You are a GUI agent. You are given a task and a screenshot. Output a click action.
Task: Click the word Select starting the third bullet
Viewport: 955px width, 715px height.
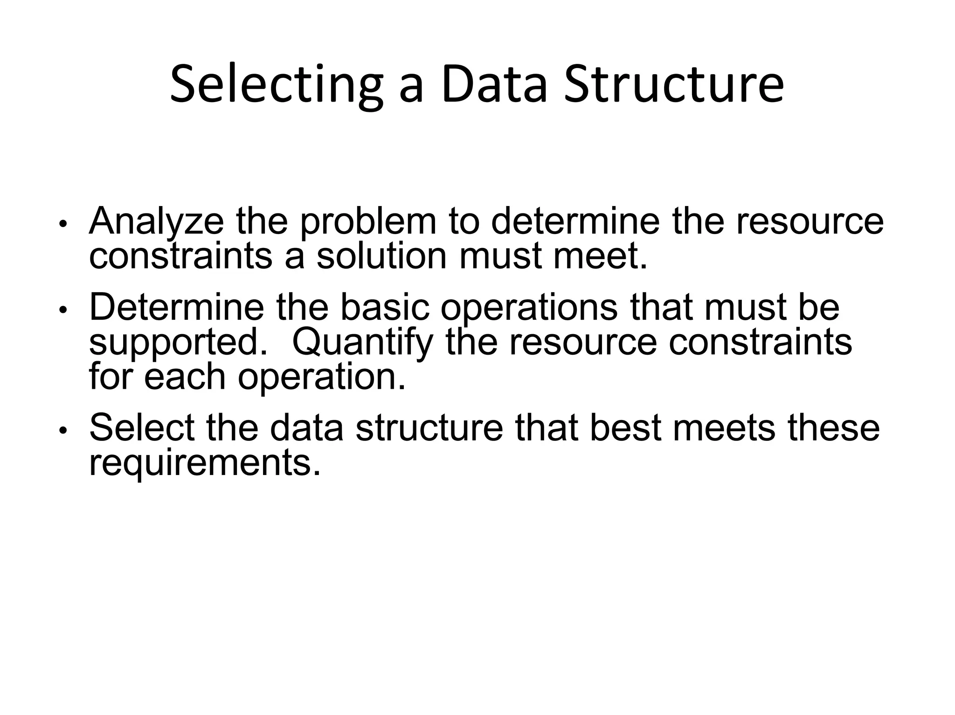point(142,428)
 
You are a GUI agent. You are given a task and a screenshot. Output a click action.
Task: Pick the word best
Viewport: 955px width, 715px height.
point(625,428)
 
